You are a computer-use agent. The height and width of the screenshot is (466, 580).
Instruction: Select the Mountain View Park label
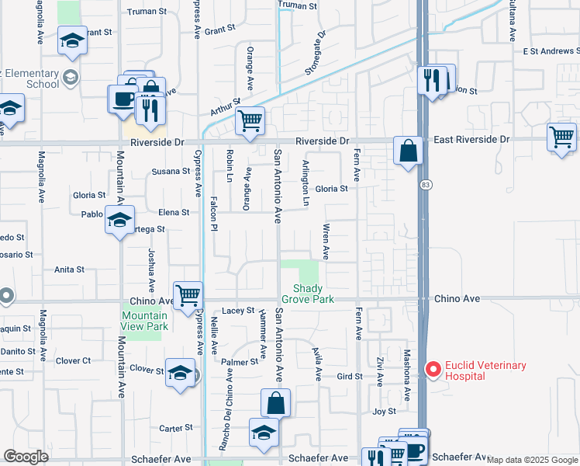click(145, 321)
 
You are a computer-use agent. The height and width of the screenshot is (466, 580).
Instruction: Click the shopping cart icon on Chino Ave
click(188, 295)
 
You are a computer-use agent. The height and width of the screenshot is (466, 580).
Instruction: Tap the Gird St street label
click(350, 377)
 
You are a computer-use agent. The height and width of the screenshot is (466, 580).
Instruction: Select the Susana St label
click(171, 172)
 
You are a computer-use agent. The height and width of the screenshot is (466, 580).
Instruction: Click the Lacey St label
click(238, 311)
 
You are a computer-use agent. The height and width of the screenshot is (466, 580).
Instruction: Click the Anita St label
click(69, 270)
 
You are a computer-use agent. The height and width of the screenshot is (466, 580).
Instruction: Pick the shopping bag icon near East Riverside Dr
click(408, 150)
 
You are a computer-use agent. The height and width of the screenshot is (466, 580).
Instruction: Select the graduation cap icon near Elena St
click(119, 220)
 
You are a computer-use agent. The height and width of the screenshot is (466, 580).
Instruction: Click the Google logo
click(26, 457)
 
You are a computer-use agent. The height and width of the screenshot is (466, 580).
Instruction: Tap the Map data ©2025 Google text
click(532, 460)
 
